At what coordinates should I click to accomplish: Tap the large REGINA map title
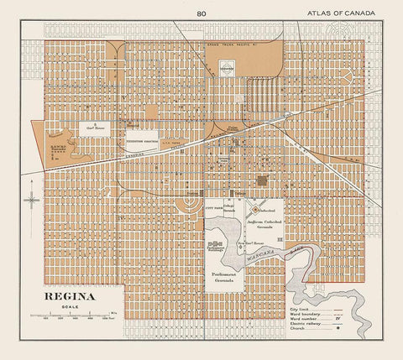65,297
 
